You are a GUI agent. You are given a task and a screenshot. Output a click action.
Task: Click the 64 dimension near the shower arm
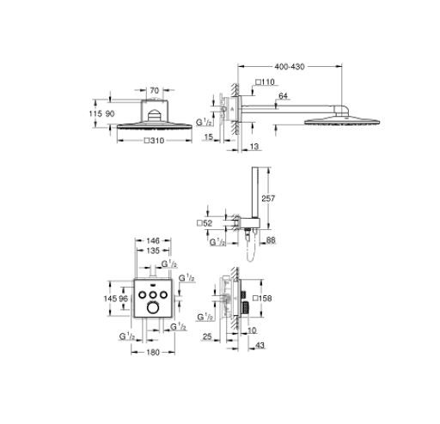pos(283,97)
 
